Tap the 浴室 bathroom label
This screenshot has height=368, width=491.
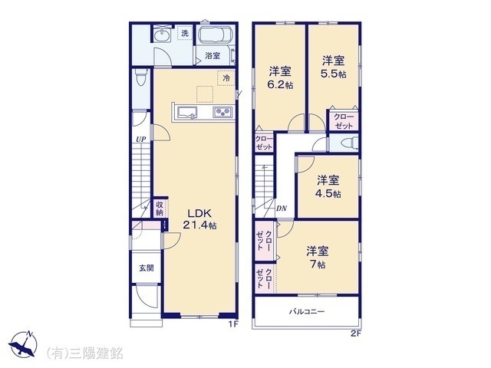tap(213, 55)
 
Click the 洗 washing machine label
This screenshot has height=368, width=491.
tap(185, 34)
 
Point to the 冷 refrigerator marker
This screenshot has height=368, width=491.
tap(226, 77)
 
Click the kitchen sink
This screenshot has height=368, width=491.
tap(188, 113)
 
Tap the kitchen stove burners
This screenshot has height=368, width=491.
tap(222, 113)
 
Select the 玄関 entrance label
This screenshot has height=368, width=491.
tap(146, 268)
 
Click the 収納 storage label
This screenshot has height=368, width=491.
tap(160, 208)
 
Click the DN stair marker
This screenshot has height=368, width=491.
tap(282, 208)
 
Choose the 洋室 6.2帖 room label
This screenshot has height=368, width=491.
tap(280, 77)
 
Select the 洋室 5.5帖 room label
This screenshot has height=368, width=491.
tap(333, 66)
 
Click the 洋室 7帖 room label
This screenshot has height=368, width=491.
tap(318, 256)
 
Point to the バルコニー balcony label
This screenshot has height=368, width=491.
tap(307, 312)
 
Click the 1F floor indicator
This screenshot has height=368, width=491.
tap(234, 324)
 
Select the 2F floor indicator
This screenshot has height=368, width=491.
tap(355, 333)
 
